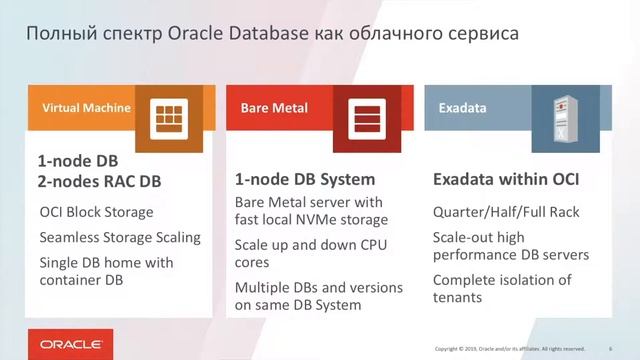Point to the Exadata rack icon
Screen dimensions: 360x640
pyautogui.click(x=557, y=118)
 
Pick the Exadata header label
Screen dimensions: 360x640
pyautogui.click(x=462, y=108)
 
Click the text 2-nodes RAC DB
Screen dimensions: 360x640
pyautogui.click(x=99, y=182)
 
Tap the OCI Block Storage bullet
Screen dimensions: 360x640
pyautogui.click(x=96, y=212)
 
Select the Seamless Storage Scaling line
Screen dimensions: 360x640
pyautogui.click(x=120, y=238)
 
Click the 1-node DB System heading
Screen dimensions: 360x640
pyautogui.click(x=304, y=181)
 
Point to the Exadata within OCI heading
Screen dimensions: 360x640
pyautogui.click(x=506, y=181)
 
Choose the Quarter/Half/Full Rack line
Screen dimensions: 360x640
pyautogui.click(x=505, y=212)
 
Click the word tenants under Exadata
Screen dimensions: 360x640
pyautogui.click(x=458, y=297)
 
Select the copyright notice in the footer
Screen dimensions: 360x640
pyautogui.click(x=509, y=349)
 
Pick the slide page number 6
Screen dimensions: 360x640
pyautogui.click(x=610, y=349)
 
